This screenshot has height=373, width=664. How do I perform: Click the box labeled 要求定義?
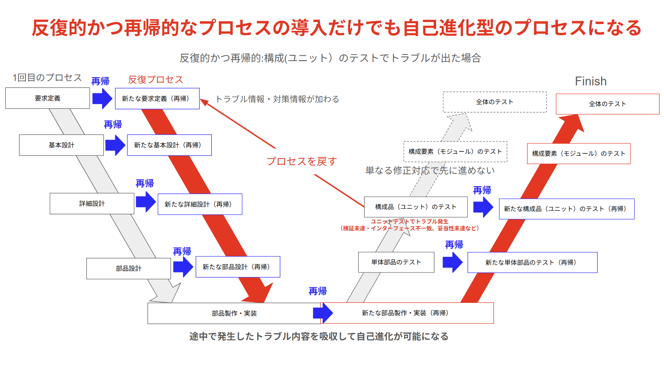click(47, 98)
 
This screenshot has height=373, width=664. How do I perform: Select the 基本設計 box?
click(61, 145)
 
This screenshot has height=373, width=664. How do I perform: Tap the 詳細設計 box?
click(92, 204)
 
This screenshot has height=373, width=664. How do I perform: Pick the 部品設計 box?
click(129, 268)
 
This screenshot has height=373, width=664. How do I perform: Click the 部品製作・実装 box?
click(234, 313)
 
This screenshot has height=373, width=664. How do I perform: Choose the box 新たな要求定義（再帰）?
click(157, 99)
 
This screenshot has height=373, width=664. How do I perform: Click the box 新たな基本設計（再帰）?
click(169, 145)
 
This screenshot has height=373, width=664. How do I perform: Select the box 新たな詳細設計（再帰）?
click(200, 204)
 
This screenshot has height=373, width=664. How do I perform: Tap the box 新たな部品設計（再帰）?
click(238, 267)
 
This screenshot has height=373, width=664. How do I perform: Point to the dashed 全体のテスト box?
click(495, 102)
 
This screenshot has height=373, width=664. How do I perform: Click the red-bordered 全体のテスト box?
click(607, 104)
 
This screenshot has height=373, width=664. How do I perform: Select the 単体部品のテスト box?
click(396, 262)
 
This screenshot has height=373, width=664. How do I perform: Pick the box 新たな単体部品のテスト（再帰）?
click(532, 263)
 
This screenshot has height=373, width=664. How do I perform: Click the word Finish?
click(591, 81)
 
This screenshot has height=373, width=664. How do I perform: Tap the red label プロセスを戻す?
click(302, 161)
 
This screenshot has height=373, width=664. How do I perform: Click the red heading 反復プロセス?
click(155, 80)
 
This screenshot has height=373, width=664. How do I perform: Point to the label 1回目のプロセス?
click(47, 78)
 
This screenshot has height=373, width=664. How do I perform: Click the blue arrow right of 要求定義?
click(102, 98)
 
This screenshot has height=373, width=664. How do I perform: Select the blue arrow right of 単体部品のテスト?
click(453, 262)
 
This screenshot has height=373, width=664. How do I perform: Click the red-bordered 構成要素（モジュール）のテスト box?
click(579, 154)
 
